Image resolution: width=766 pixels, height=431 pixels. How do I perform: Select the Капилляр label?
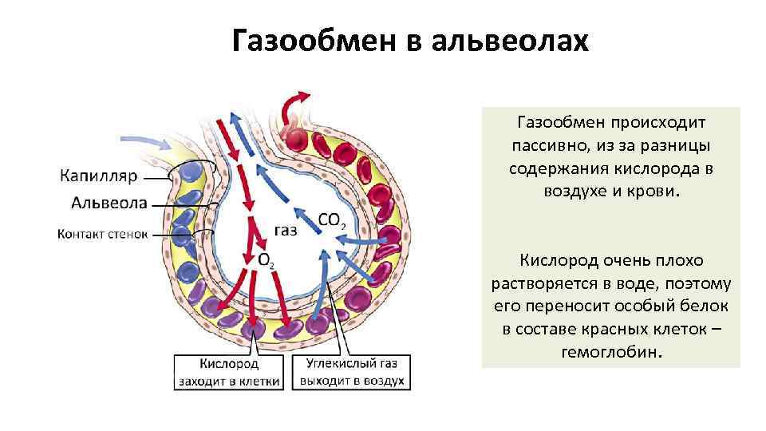click(98, 175)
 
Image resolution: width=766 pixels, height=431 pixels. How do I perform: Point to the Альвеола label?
click(109, 203)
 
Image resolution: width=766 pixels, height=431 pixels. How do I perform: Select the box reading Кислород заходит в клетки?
click(228, 371)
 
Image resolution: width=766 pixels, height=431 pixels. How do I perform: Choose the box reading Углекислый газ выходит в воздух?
click(352, 371)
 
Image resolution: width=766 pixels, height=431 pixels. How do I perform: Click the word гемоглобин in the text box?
click(611, 352)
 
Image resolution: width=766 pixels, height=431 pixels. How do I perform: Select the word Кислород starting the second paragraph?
click(557, 260)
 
